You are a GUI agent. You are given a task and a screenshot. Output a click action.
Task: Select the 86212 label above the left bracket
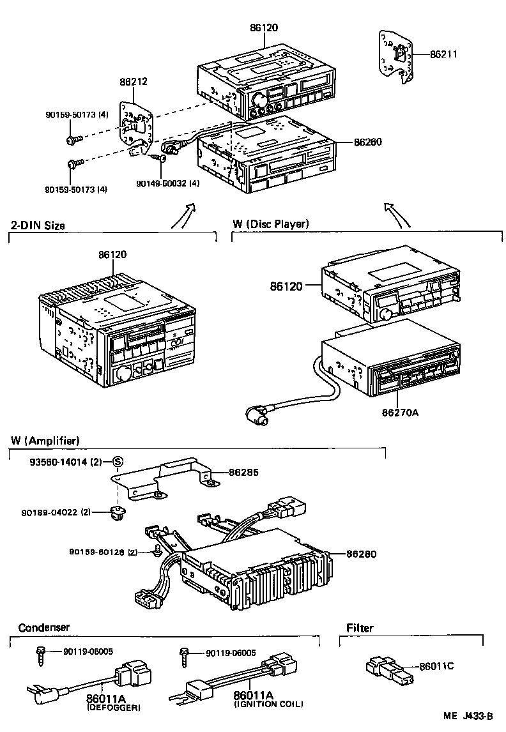(134, 82)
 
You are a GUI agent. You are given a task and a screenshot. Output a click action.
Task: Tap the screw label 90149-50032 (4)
(168, 183)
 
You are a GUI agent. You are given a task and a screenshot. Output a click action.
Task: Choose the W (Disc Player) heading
(270, 224)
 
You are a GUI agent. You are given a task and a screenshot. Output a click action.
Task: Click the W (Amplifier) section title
(45, 441)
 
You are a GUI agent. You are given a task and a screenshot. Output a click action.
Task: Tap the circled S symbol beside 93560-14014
(118, 462)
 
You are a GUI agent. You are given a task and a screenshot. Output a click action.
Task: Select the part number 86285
(243, 473)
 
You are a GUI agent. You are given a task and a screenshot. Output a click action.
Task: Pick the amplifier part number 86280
(362, 553)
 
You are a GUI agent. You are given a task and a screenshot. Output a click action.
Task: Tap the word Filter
(360, 628)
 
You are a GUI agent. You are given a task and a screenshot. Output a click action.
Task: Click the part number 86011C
(437, 666)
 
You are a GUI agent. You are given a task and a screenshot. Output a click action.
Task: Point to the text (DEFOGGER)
(114, 708)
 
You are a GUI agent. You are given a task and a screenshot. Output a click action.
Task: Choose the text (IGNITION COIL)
(268, 704)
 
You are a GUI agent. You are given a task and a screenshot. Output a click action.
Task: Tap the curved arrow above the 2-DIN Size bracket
(183, 215)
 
